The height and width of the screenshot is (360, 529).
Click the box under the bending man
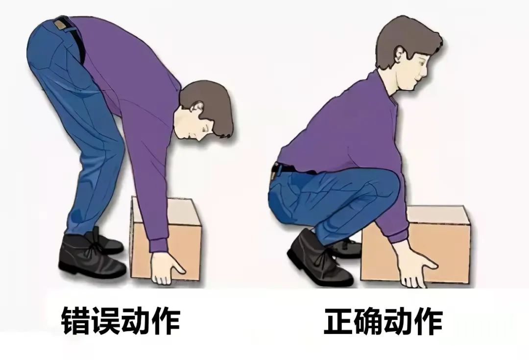[166, 238]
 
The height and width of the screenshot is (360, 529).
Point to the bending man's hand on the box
[167, 267]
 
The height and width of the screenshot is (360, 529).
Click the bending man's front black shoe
[90, 257]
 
